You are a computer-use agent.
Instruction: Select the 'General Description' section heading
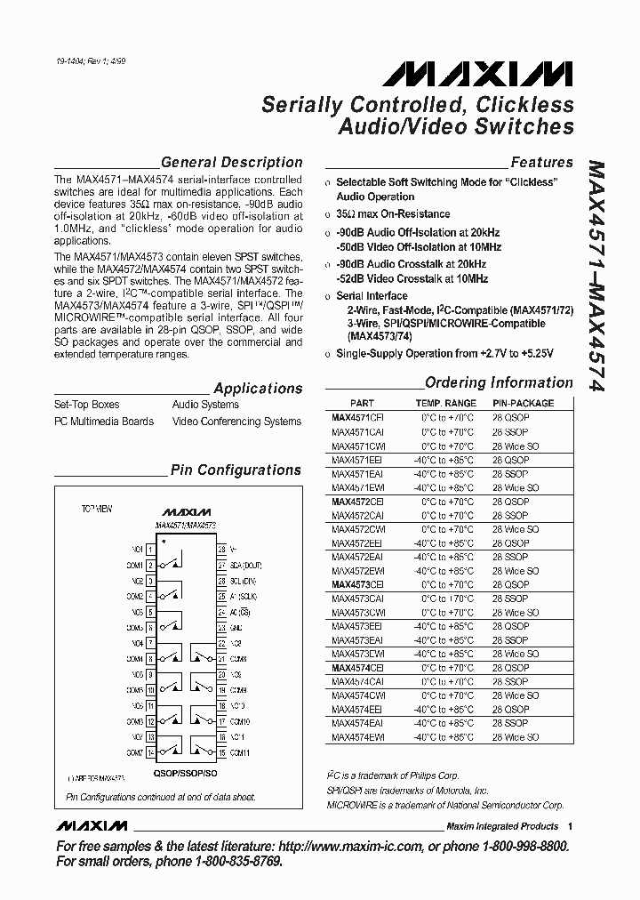tap(231, 162)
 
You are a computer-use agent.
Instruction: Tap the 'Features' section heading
tap(541, 162)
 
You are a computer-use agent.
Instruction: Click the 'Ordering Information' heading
tap(499, 382)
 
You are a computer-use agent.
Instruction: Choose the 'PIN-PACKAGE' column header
tap(523, 403)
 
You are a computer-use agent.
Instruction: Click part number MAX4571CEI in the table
tap(357, 416)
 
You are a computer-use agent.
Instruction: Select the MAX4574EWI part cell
tap(357, 737)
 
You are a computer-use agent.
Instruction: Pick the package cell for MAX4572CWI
tap(516, 529)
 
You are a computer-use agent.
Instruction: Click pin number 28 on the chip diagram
tap(221, 550)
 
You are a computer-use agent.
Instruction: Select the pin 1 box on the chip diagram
tap(151, 550)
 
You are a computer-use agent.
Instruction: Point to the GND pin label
tap(236, 626)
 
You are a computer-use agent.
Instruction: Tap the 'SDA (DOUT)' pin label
tap(245, 564)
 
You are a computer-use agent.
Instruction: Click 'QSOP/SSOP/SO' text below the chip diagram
tap(187, 773)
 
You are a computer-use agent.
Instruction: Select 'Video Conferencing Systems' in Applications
tap(236, 422)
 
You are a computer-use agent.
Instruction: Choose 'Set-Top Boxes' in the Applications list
tap(86, 405)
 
